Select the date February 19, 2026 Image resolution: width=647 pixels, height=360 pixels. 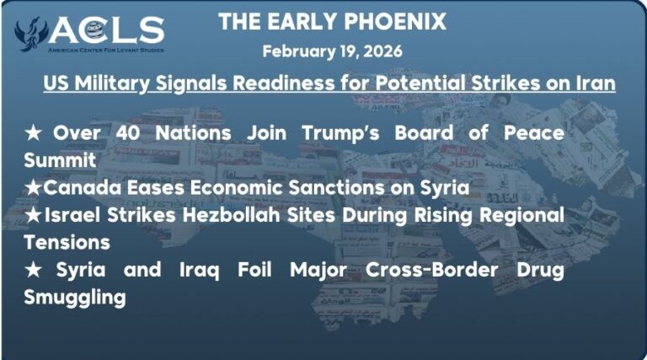(x=332, y=51)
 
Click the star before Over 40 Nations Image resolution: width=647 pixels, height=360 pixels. (x=35, y=134)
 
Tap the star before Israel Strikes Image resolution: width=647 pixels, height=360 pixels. (x=34, y=215)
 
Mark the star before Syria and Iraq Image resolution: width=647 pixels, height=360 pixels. (x=35, y=270)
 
